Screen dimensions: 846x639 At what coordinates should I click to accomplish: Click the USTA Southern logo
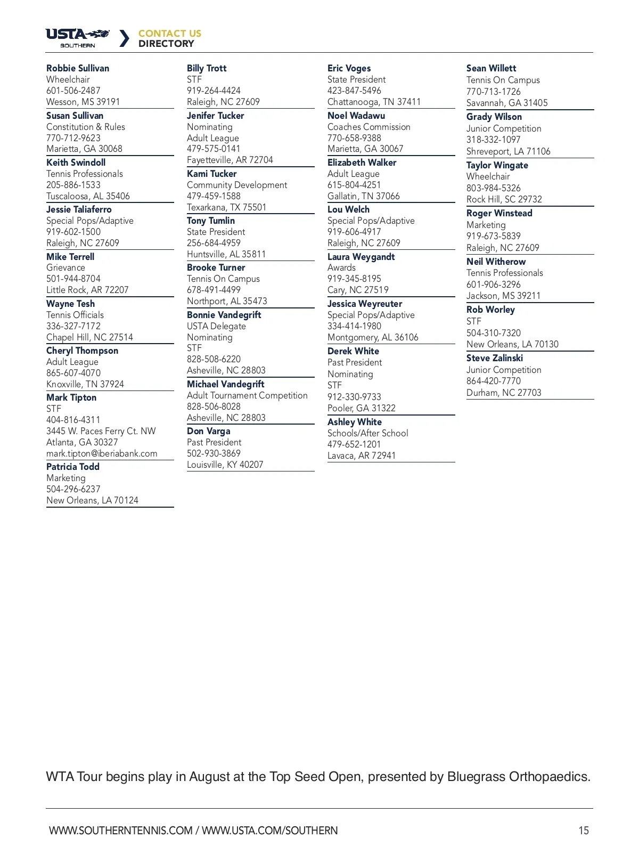tap(78, 38)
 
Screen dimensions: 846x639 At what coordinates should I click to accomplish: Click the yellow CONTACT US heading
tap(170, 33)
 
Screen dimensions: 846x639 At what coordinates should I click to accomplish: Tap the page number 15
tap(584, 830)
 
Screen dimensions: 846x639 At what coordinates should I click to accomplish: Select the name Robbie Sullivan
tap(78, 68)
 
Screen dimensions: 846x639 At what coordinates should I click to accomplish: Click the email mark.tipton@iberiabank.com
tap(102, 453)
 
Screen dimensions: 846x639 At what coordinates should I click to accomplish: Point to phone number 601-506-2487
tap(73, 91)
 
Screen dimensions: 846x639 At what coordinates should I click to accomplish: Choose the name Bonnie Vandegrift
tap(224, 315)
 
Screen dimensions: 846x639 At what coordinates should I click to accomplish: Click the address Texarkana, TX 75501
tap(226, 207)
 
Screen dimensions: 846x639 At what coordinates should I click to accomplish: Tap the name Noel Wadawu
tap(356, 116)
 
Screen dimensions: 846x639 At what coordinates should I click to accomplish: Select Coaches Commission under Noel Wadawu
tap(368, 127)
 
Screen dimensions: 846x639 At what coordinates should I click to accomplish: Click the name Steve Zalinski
tap(494, 358)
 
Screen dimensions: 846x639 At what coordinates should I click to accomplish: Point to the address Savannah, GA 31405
tap(506, 103)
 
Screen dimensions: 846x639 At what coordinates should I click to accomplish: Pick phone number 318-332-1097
tap(493, 140)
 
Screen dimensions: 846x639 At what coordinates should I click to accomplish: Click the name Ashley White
tap(354, 422)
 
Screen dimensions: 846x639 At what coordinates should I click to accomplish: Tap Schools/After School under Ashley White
tap(367, 433)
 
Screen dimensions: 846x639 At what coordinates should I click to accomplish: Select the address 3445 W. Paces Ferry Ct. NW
tap(101, 431)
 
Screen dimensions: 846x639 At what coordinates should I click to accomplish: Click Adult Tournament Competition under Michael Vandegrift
tap(247, 395)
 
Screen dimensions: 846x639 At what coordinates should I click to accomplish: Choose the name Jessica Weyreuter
tap(364, 304)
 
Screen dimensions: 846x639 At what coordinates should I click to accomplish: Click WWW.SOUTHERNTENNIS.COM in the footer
tap(121, 830)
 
